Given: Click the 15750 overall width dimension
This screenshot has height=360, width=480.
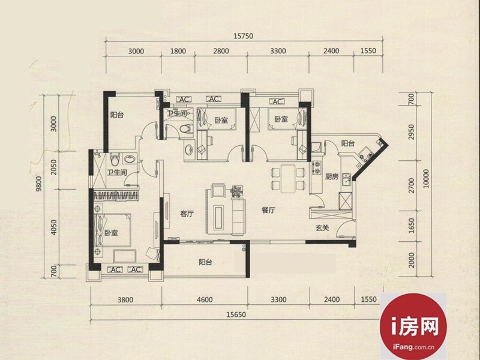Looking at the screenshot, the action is pyautogui.click(x=244, y=36).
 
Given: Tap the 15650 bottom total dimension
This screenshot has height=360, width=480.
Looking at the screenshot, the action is pyautogui.click(x=236, y=314).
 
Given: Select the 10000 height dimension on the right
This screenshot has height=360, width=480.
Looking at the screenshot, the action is pyautogui.click(x=426, y=179).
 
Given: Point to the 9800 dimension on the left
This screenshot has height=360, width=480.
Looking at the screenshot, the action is pyautogui.click(x=38, y=184).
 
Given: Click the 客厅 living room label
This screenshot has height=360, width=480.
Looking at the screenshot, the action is pyautogui.click(x=187, y=214).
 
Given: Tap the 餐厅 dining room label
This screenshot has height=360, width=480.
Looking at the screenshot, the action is pyautogui.click(x=268, y=210).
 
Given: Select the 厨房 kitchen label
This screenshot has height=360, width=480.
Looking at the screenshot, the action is pyautogui.click(x=332, y=176).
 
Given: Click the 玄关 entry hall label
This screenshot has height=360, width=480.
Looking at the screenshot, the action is pyautogui.click(x=322, y=228).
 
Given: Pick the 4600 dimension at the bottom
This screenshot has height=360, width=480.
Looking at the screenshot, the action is pyautogui.click(x=205, y=299).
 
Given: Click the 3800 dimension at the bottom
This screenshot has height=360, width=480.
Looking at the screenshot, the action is pyautogui.click(x=125, y=299).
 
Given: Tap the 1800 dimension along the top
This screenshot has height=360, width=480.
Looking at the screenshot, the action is pyautogui.click(x=178, y=51).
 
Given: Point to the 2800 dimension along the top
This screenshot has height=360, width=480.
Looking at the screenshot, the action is pyautogui.click(x=221, y=51).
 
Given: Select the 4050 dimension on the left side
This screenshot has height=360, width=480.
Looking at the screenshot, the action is pyautogui.click(x=54, y=227).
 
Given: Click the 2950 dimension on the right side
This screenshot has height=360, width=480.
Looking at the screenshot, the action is pyautogui.click(x=411, y=132).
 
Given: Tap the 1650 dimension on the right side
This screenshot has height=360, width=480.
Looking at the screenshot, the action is pyautogui.click(x=411, y=226).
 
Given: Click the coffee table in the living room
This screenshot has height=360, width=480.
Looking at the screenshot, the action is pyautogui.click(x=219, y=218).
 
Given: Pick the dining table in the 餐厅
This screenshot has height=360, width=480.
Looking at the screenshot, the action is pyautogui.click(x=288, y=179).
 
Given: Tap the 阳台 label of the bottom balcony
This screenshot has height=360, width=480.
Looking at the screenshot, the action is pyautogui.click(x=205, y=262).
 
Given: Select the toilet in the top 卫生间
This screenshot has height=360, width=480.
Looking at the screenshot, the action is pyautogui.click(x=185, y=128).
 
